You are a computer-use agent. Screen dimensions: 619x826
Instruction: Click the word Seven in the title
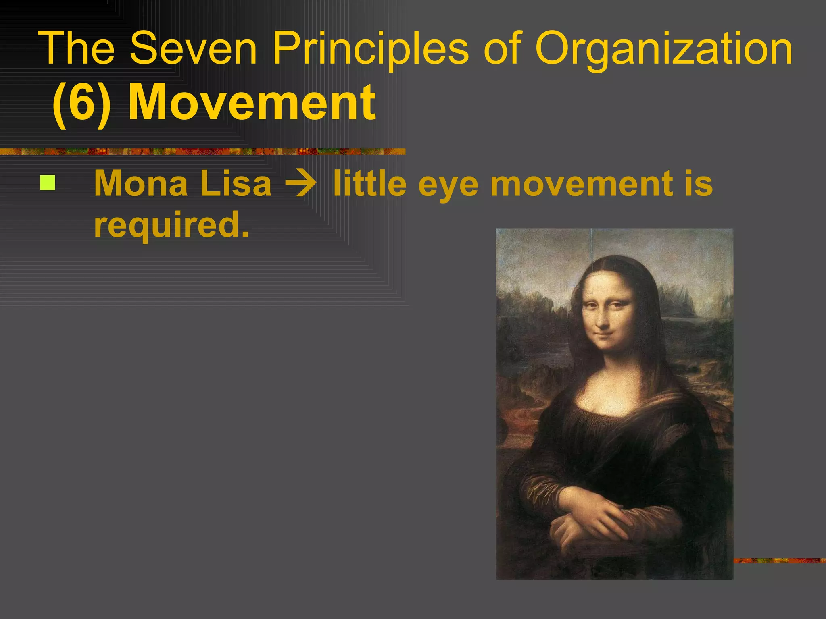click(x=193, y=49)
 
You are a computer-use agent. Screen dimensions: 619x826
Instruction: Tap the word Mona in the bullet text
click(x=141, y=183)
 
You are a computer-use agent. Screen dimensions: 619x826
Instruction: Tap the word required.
click(x=171, y=226)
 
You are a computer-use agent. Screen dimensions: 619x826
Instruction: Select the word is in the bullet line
click(x=700, y=183)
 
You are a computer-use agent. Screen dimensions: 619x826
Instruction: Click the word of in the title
click(x=502, y=49)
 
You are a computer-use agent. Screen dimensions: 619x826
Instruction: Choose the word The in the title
click(x=77, y=49)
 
